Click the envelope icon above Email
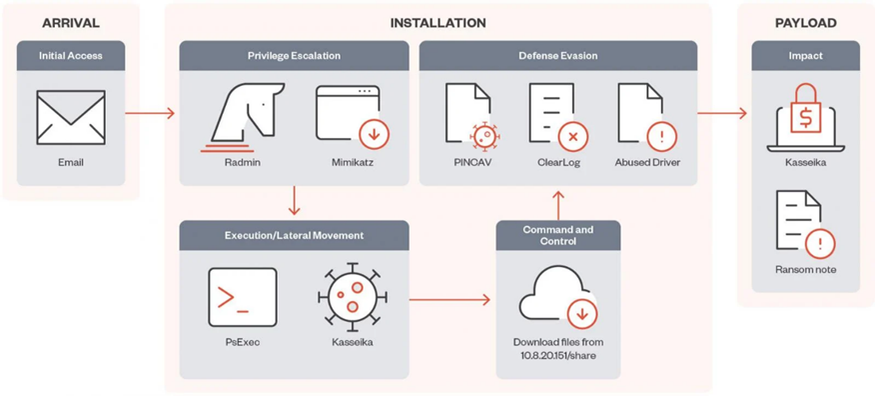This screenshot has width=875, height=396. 71,117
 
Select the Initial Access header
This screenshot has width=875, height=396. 70,55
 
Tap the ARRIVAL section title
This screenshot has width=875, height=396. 71,23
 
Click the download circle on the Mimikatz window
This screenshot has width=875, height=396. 374,134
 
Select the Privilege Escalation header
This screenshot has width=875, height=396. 294,55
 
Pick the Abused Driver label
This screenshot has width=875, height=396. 647,163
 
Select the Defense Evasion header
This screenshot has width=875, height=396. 558,55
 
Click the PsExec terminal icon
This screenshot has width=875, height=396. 243,297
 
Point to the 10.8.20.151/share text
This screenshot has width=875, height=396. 558,355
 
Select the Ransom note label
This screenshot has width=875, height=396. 805,270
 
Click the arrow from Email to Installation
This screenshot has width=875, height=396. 150,113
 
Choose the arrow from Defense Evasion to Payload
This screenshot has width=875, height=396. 721,113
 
